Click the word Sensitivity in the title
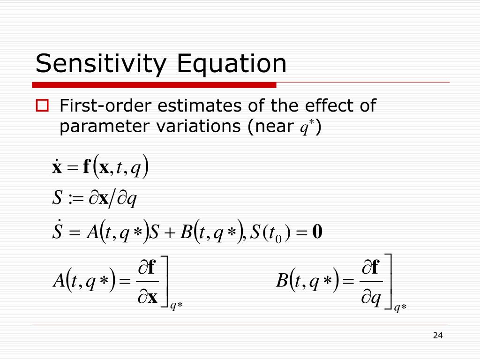click(x=101, y=64)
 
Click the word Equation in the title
click(x=231, y=64)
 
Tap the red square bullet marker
click(x=43, y=106)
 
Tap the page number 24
click(x=438, y=335)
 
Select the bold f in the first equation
click(x=86, y=167)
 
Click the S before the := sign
click(x=57, y=199)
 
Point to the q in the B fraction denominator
click(x=375, y=298)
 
